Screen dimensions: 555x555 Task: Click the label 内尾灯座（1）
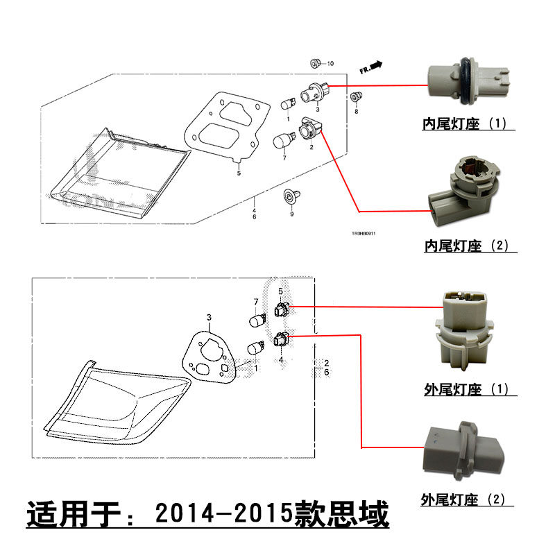(465, 125)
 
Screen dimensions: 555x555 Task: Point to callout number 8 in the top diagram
(357, 111)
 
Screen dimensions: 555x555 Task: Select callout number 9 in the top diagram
(291, 214)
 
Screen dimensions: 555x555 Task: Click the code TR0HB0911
(361, 233)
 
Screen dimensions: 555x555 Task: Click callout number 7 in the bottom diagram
(255, 302)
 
